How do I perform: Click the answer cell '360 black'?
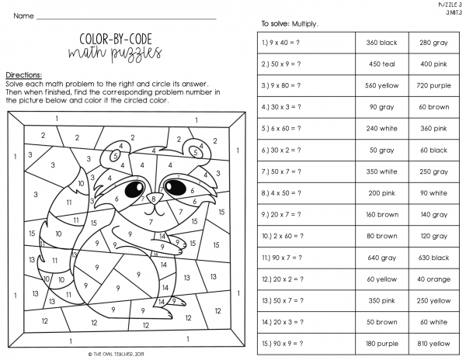click(381, 43)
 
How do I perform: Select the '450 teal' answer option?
click(381, 64)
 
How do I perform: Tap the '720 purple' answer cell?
click(434, 85)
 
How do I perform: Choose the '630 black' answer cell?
click(434, 257)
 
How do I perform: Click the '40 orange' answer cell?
click(434, 279)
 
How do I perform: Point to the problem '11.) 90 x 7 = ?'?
click(283, 257)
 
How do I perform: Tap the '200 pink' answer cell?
click(381, 192)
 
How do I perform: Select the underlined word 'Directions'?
click(23, 74)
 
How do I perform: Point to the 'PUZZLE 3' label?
click(449, 5)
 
